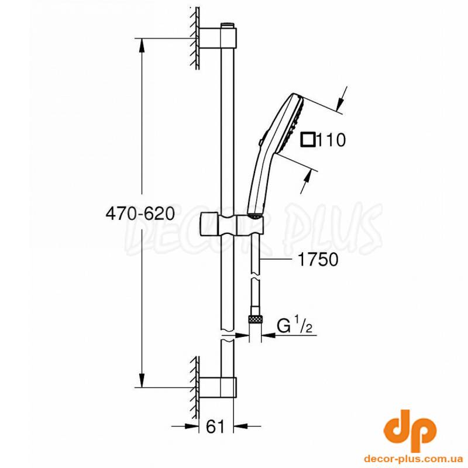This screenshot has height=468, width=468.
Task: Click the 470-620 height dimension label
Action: tap(140, 214)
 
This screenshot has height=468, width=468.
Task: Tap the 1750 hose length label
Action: tap(318, 259)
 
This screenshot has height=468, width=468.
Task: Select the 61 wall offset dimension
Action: tap(215, 427)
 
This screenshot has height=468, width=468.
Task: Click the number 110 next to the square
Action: tap(330, 139)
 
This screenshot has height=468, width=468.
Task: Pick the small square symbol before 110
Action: tap(308, 139)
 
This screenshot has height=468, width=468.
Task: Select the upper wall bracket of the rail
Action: tap(218, 38)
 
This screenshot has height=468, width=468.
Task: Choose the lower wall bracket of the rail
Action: tap(218, 387)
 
